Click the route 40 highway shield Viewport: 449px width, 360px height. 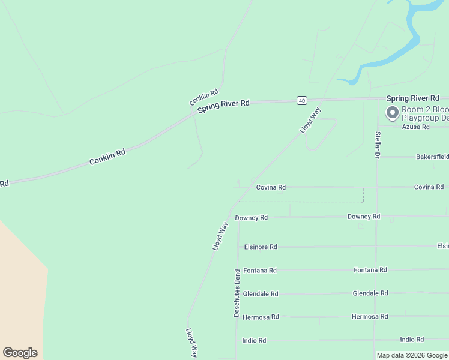(301, 100)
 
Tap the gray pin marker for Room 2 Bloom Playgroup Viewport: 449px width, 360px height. (393, 113)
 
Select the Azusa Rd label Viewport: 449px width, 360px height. (415, 127)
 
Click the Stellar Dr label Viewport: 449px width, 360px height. (378, 145)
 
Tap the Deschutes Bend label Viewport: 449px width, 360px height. (237, 293)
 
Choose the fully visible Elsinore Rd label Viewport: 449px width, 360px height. (261, 247)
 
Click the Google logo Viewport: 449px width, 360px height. (20, 353)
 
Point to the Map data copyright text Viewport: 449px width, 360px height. (412, 355)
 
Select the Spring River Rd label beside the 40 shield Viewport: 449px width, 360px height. (223, 104)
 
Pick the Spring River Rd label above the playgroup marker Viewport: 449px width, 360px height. (413, 98)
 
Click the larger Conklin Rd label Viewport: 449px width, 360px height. (107, 157)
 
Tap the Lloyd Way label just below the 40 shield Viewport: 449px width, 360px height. (310, 120)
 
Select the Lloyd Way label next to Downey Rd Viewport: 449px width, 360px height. (220, 236)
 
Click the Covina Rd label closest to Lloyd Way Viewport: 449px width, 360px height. (271, 187)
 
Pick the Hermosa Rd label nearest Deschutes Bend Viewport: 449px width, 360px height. (261, 317)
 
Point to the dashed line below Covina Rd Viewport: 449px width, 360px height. (300, 202)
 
